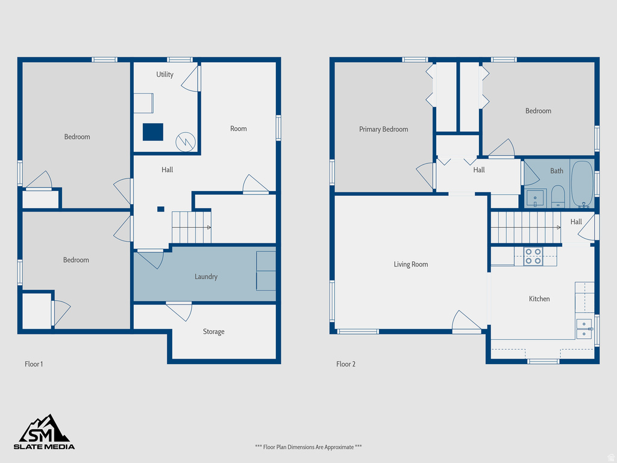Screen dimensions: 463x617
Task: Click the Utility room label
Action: coord(164,74)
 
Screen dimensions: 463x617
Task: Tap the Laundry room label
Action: coord(206,277)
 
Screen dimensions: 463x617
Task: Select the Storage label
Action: coord(213,332)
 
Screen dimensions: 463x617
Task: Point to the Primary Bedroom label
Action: coord(383,129)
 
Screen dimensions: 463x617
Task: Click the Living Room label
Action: coord(411,264)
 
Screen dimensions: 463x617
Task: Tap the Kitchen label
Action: coord(539,298)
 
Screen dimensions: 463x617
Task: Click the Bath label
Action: coord(557,171)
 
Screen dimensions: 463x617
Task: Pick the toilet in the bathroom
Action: coord(557,195)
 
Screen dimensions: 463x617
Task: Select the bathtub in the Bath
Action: coord(582,183)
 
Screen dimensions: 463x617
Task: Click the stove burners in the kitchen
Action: coord(533,257)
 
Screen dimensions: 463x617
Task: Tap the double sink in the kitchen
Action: coord(584,329)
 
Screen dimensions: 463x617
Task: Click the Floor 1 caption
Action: coord(34,364)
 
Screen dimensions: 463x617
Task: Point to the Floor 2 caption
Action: coord(346,364)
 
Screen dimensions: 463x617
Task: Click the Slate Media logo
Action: coord(45,432)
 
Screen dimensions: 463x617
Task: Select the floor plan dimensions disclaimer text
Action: coord(308,447)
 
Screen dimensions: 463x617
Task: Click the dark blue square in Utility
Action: coord(153,132)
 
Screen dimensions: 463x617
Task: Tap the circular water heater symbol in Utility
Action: coord(184,142)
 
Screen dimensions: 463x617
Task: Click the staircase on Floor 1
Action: coord(192,227)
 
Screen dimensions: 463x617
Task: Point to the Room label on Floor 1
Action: coord(239,128)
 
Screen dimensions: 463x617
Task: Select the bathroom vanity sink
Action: coord(535,197)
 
